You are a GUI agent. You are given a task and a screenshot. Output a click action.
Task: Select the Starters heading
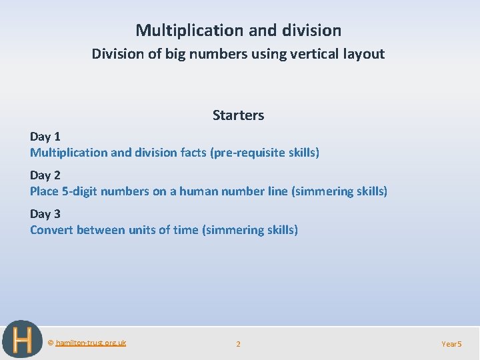point(238,115)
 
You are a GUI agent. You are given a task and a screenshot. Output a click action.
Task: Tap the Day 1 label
point(45,136)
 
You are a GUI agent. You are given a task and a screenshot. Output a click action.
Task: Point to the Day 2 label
point(45,175)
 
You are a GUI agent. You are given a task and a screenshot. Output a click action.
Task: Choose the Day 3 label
point(45,213)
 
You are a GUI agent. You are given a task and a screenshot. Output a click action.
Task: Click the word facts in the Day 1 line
point(193,153)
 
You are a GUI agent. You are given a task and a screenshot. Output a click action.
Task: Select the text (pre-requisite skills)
point(265,153)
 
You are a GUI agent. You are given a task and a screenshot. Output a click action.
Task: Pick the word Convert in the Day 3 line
point(51,230)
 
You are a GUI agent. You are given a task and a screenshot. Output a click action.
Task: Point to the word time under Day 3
point(185,230)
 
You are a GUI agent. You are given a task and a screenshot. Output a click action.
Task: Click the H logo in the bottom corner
point(22,340)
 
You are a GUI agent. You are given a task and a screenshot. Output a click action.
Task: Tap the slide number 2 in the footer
point(239,344)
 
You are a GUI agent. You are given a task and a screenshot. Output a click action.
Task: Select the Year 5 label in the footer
point(451,344)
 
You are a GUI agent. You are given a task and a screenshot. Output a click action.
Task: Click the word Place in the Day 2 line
point(45,191)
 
